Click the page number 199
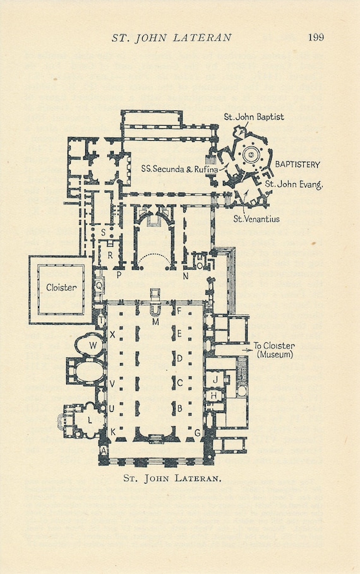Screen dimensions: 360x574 [316, 37]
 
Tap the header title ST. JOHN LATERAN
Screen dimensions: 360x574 [172, 38]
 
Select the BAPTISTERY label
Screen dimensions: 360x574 [297, 164]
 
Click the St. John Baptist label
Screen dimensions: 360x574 [254, 117]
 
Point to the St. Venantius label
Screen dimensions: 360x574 [256, 219]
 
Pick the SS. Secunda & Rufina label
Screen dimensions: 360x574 [179, 169]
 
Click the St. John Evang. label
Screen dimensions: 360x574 [294, 184]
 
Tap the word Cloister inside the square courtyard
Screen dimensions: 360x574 [61, 287]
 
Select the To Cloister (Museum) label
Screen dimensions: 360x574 [274, 350]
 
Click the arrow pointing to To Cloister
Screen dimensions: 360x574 [247, 350]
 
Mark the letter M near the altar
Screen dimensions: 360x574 [155, 322]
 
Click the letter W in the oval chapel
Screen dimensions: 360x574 [93, 345]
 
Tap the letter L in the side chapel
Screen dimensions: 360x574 [90, 419]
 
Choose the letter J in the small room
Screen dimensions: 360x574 [215, 380]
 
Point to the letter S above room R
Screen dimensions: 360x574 [103, 232]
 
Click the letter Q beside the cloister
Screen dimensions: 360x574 [98, 285]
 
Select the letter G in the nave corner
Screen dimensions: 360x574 [198, 433]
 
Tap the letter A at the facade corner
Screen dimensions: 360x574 [104, 451]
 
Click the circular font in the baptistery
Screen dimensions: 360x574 [249, 154]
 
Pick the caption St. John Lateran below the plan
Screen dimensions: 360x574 [172, 478]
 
